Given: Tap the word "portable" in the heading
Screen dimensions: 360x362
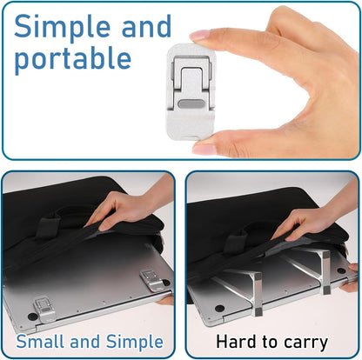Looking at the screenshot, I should (x=71, y=59).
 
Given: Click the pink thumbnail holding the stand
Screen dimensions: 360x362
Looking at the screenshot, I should (x=205, y=147).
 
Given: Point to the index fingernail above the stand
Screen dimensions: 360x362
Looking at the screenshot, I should (x=200, y=36).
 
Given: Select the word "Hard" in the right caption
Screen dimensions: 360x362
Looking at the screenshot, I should (x=236, y=341).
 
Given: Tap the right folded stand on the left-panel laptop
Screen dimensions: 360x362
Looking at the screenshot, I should (x=154, y=279).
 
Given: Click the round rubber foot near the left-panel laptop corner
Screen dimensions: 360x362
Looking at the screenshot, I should (x=31, y=318).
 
